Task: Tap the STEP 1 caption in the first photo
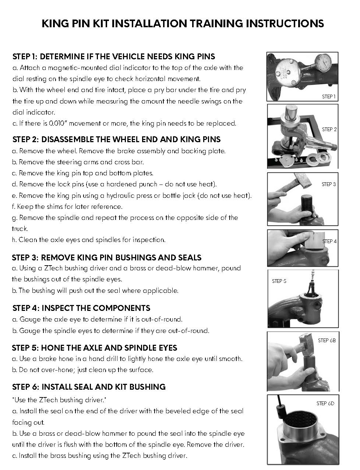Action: pyautogui.click(x=329, y=97)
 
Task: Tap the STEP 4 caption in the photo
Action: pyautogui.click(x=329, y=241)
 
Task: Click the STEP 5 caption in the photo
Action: pyautogui.click(x=279, y=281)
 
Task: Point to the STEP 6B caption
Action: pyautogui.click(x=327, y=340)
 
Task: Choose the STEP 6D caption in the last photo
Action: pyautogui.click(x=325, y=403)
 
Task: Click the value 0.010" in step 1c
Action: pyautogui.click(x=58, y=123)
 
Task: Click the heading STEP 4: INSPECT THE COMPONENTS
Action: pyautogui.click(x=81, y=308)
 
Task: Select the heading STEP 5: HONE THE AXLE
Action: pyautogui.click(x=95, y=348)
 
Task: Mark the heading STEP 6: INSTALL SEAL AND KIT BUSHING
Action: pyautogui.click(x=89, y=387)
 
